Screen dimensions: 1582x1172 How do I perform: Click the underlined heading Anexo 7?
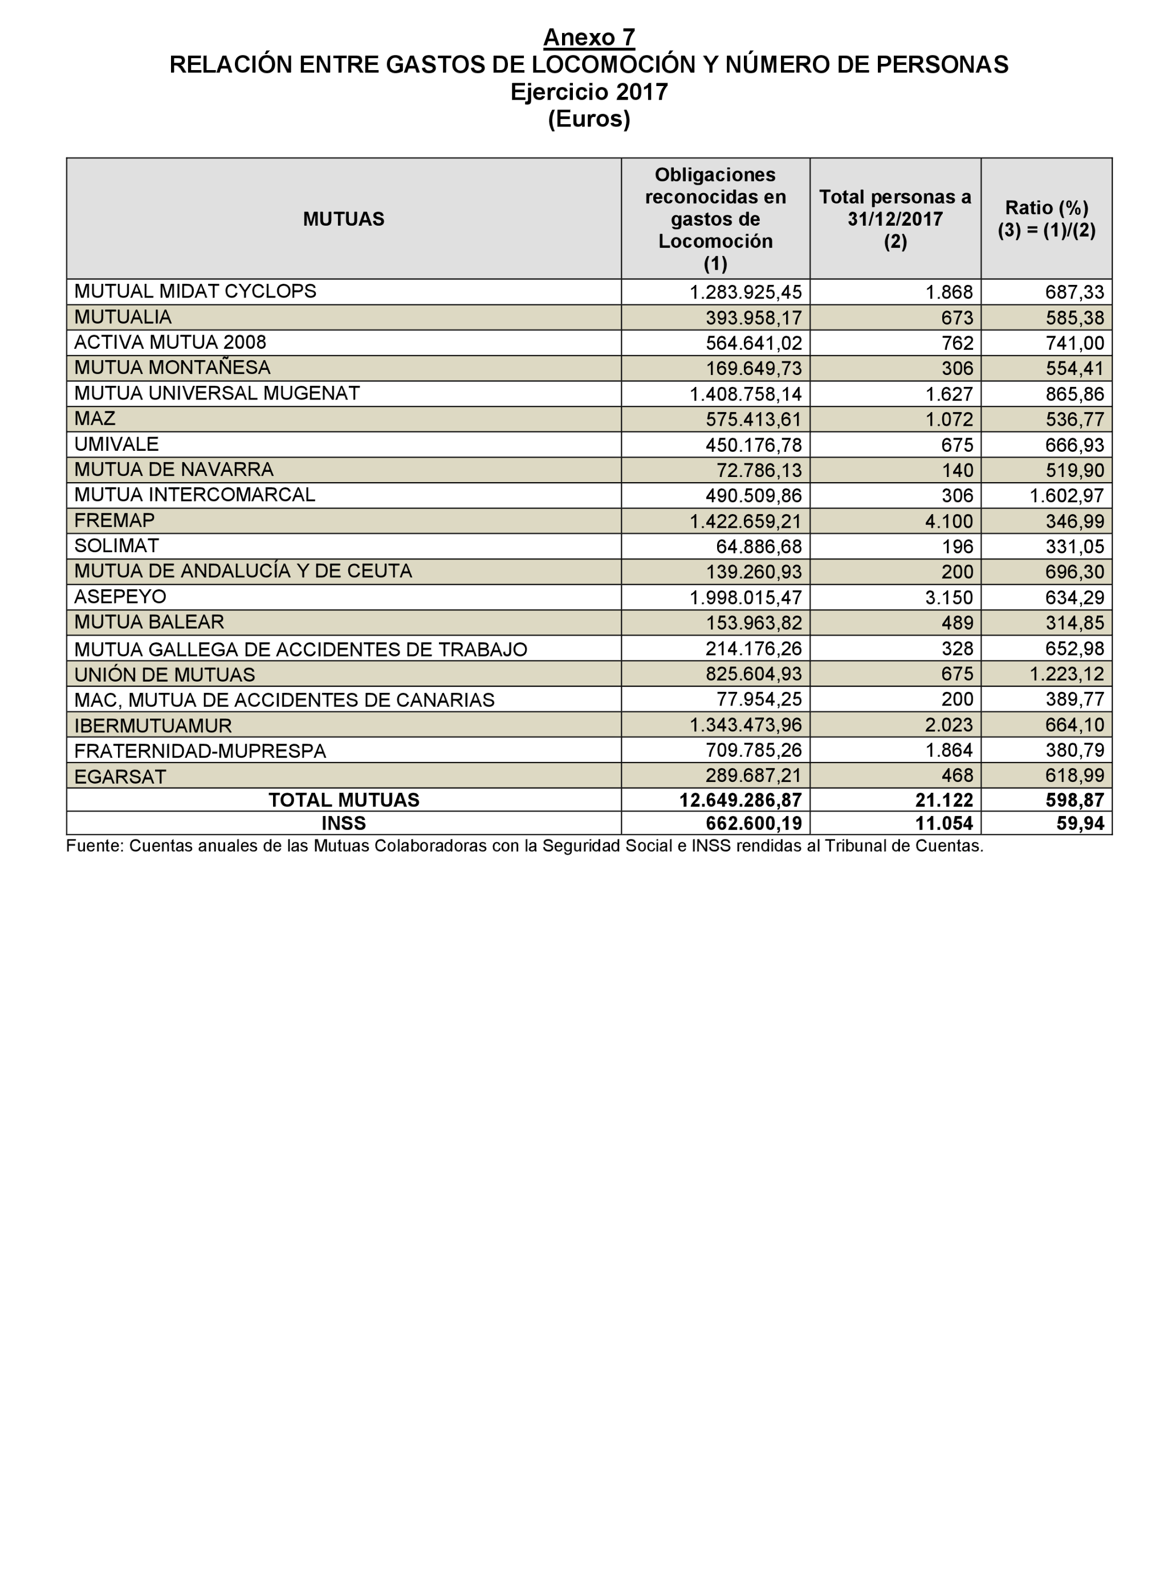(588, 37)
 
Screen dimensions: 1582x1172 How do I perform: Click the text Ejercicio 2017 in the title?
(588, 92)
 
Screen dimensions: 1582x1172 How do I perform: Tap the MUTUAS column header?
(343, 218)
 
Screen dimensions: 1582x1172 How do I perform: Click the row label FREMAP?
(114, 520)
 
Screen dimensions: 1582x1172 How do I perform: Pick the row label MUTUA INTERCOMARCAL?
(194, 495)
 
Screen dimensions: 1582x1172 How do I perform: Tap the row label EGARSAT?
(120, 776)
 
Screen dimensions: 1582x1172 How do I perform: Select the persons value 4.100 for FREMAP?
(949, 521)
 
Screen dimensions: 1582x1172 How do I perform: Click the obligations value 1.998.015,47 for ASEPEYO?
(746, 597)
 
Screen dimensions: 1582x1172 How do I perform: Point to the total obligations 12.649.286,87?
(740, 800)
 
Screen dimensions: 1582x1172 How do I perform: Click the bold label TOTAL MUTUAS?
(343, 800)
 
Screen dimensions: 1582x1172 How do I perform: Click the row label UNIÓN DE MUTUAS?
(165, 674)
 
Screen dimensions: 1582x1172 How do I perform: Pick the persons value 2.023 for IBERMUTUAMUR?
(949, 725)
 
